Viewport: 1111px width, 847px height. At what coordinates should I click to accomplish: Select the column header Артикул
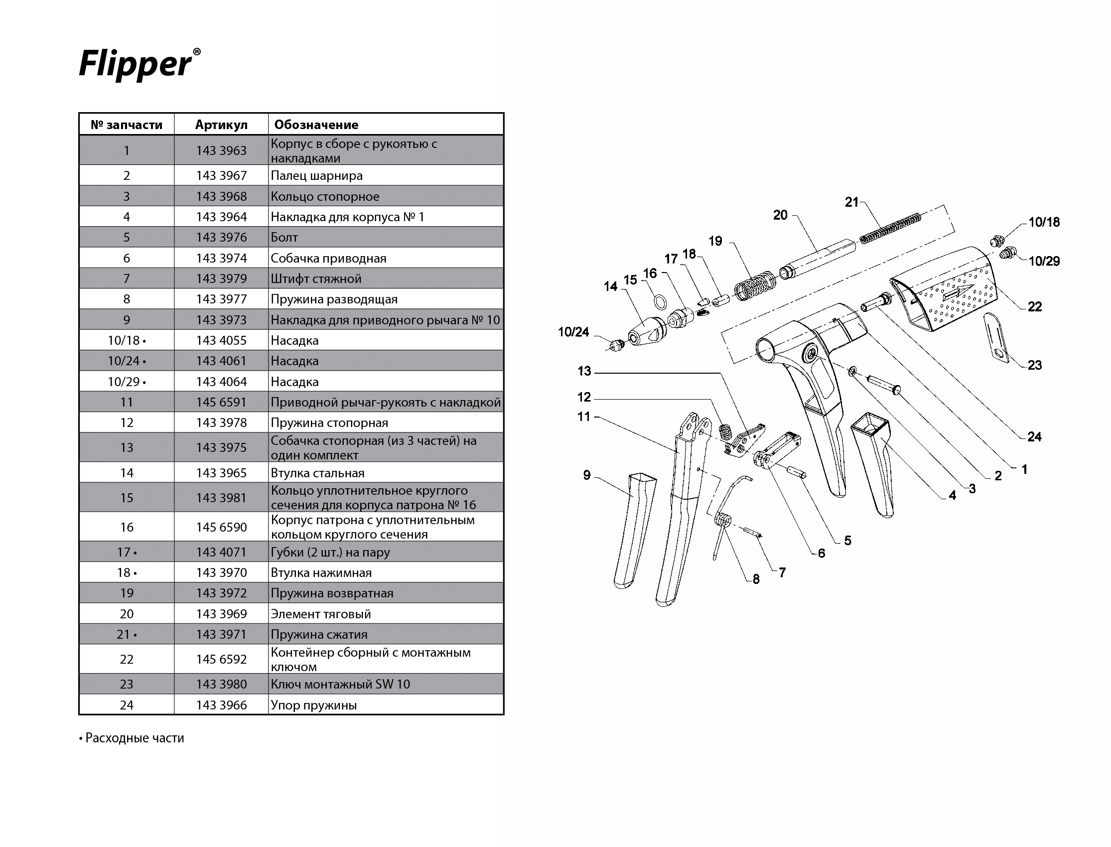(x=221, y=125)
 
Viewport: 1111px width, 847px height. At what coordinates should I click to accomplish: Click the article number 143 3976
(x=221, y=238)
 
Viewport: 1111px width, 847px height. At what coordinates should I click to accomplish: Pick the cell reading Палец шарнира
(x=316, y=176)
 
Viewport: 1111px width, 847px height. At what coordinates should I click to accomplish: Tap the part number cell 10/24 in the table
(x=126, y=361)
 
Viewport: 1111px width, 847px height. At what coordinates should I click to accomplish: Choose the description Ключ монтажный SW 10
(x=340, y=684)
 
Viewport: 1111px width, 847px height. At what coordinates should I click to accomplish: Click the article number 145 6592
(x=221, y=659)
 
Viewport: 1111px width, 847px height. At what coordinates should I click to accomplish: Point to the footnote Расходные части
(x=132, y=738)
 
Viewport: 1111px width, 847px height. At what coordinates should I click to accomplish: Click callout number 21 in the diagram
(x=851, y=202)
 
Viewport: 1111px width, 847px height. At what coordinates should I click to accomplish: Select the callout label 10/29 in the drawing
(x=1044, y=261)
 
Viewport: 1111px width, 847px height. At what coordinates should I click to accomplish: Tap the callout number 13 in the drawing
(x=584, y=372)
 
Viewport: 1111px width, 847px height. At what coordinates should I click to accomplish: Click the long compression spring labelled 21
(x=890, y=228)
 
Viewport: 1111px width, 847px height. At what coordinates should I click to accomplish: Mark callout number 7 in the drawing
(x=782, y=572)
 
